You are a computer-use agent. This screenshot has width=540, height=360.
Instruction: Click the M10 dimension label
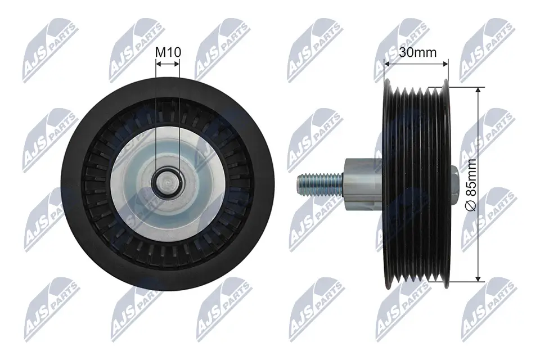(x=168, y=52)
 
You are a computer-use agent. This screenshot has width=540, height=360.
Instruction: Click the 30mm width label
(x=418, y=52)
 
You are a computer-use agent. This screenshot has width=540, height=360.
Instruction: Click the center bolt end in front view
(x=168, y=181)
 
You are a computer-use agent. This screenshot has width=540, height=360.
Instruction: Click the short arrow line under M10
(x=168, y=64)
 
